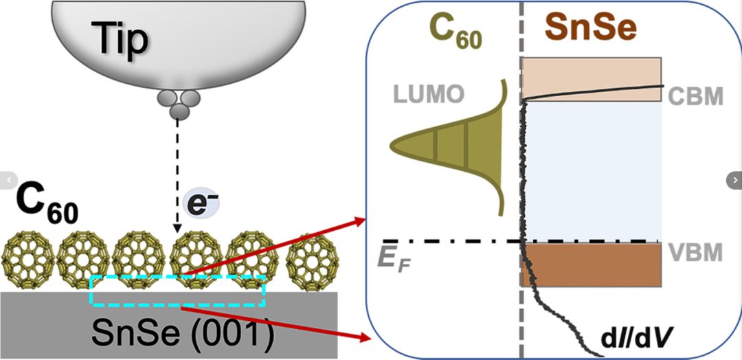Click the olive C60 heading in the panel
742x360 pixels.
455,30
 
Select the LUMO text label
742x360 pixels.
429,95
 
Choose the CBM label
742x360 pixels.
696,95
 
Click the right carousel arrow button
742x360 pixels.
734,179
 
